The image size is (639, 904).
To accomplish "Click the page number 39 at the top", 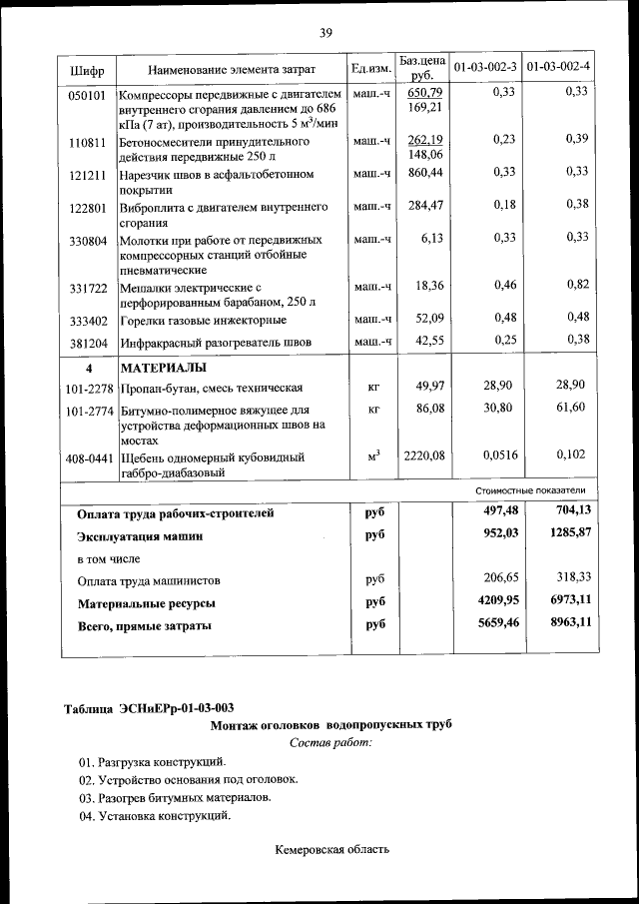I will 325,33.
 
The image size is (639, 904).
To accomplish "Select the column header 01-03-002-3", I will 485,68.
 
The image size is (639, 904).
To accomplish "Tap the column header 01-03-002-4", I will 559,68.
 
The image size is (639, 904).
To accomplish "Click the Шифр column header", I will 88,70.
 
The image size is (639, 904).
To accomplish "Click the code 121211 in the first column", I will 87,174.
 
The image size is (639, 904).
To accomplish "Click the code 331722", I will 87,287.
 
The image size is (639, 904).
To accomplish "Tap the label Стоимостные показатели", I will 530,490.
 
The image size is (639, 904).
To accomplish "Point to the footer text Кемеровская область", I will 331,850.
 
